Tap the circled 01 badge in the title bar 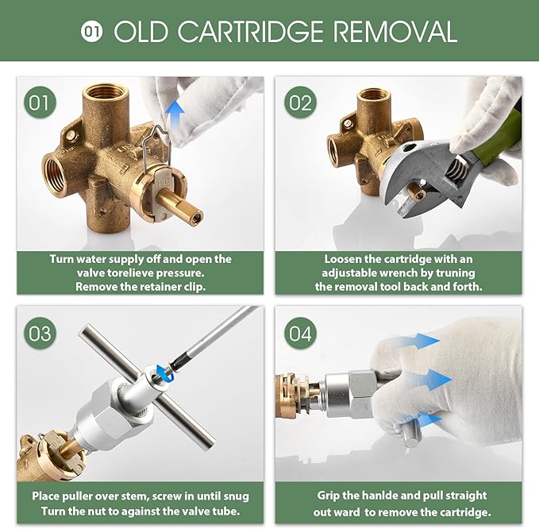(92, 32)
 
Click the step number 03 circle (40, 332)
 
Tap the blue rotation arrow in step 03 (165, 371)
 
